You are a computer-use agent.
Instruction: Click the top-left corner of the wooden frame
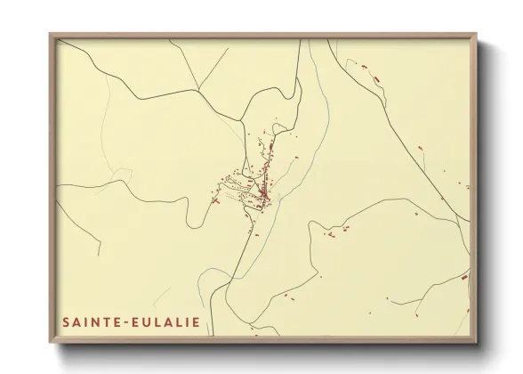coord(51,33)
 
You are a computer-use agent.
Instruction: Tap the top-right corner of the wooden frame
coord(477,33)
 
